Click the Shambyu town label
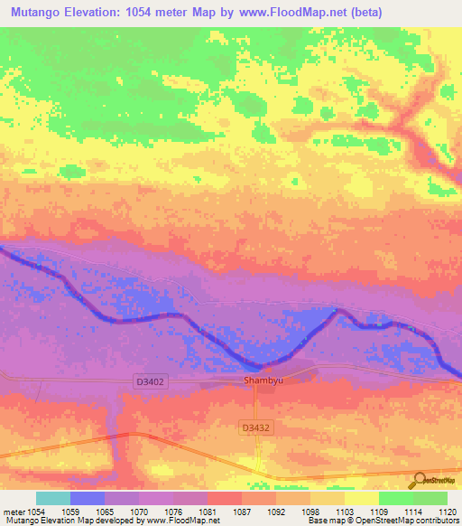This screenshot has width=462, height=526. pyautogui.click(x=264, y=381)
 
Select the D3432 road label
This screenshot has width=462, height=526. pyautogui.click(x=256, y=426)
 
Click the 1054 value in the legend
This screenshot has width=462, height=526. pyautogui.click(x=36, y=512)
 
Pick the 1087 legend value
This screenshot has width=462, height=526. pyautogui.click(x=241, y=512)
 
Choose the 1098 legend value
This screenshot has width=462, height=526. pyautogui.click(x=310, y=512)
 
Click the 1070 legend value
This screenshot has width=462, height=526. pyautogui.click(x=139, y=512)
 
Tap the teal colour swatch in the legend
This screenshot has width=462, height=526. pyautogui.click(x=53, y=498)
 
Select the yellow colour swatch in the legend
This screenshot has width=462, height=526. pyautogui.click(x=361, y=498)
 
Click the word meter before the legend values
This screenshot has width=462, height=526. pyautogui.click(x=13, y=512)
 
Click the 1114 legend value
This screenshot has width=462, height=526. pyautogui.click(x=412, y=512)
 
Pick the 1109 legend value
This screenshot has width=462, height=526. pyautogui.click(x=378, y=512)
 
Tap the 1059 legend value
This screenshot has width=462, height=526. pyautogui.click(x=70, y=512)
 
